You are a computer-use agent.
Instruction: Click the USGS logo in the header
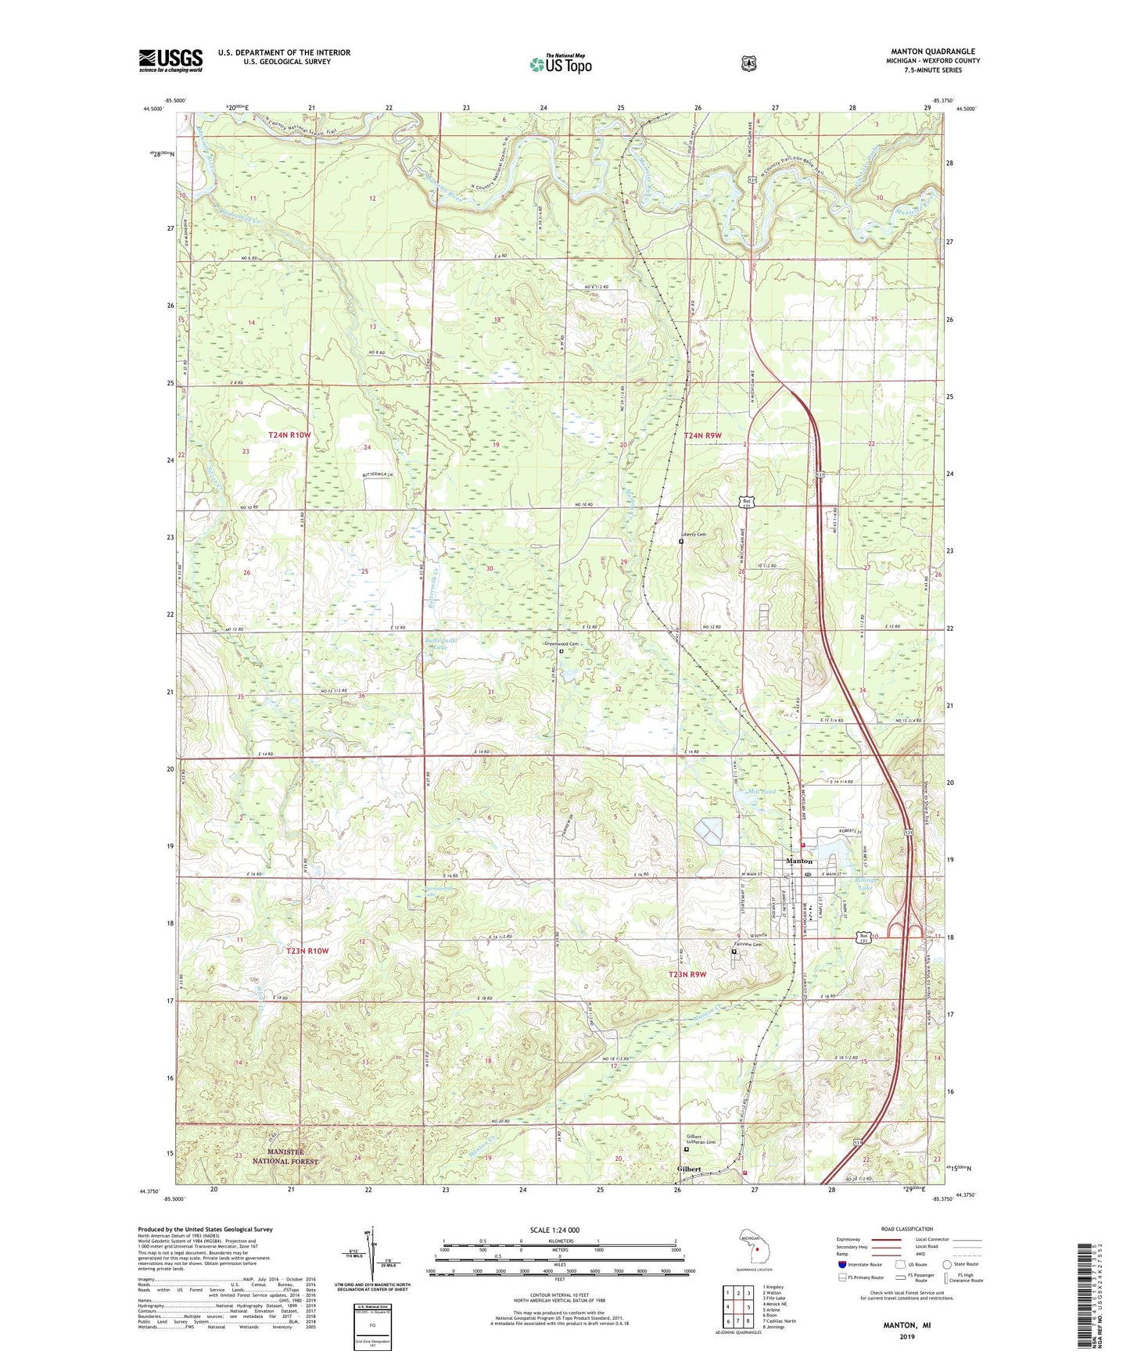(x=170, y=60)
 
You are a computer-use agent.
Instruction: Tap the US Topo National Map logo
(x=560, y=64)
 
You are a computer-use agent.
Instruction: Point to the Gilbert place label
(x=689, y=1170)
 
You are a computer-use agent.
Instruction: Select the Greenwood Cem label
(x=561, y=644)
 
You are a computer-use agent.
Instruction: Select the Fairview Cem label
(x=748, y=944)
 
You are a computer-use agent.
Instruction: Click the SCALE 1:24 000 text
(x=554, y=1230)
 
